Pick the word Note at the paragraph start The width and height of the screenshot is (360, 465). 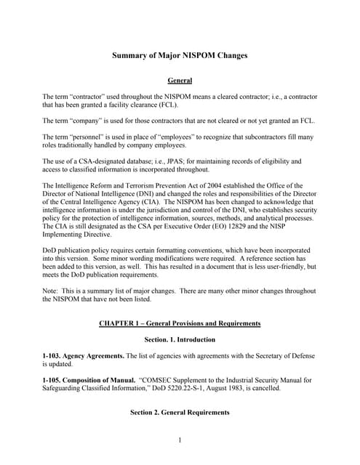pos(51,291)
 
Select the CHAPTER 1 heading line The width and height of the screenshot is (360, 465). pos(180,323)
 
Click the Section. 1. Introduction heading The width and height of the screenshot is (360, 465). pos(180,339)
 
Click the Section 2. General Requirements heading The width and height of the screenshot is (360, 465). pos(180,413)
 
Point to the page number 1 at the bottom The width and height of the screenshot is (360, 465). pos(180,440)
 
